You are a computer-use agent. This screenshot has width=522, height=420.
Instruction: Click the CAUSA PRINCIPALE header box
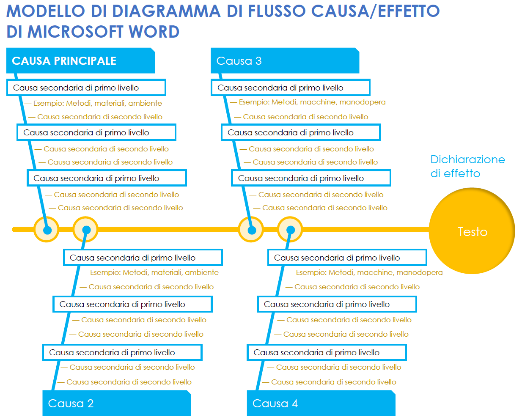[x=80, y=61]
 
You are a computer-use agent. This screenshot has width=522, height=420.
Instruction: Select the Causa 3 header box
[x=285, y=61]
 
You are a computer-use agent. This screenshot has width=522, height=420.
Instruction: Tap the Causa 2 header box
[x=116, y=403]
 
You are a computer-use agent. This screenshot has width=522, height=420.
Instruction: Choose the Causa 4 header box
[x=321, y=403]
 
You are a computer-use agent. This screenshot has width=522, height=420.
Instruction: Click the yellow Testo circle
[x=472, y=231]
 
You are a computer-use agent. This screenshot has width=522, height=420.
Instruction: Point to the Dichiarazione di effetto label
[x=467, y=166]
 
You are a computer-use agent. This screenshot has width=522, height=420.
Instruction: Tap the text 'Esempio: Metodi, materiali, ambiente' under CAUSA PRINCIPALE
[x=97, y=103]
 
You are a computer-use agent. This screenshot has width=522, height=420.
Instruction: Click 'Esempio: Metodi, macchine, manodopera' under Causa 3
[x=312, y=102]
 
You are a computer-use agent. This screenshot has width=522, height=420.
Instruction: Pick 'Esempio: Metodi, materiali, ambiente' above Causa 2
[x=154, y=272]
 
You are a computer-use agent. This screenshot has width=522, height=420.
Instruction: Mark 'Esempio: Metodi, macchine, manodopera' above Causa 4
[x=369, y=272]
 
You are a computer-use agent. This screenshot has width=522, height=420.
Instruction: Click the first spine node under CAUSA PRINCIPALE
[x=47, y=230]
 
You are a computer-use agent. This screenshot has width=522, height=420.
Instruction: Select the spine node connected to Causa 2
[x=86, y=230]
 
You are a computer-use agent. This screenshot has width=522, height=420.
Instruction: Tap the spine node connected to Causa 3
[x=251, y=230]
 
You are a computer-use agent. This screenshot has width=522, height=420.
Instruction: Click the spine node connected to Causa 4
[x=290, y=230]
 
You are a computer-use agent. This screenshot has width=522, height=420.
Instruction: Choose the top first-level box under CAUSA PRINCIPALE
[x=86, y=88]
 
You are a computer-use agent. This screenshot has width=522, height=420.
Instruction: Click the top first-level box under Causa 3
[x=291, y=88]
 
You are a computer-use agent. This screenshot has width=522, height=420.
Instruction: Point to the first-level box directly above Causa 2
[x=122, y=352]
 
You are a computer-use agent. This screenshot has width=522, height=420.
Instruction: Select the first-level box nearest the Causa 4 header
[x=327, y=352]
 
